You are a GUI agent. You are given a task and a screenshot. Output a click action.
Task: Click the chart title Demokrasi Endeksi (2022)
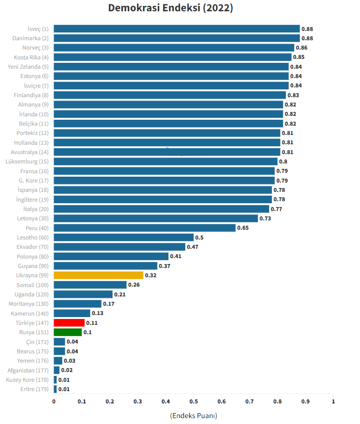point(170,8)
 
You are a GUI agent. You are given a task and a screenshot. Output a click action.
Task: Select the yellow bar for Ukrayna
point(98,275)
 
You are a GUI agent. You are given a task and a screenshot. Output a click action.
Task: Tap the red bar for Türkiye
point(69,323)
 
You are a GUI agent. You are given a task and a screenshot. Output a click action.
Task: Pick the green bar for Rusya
point(68,332)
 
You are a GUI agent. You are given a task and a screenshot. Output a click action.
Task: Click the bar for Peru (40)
point(144,228)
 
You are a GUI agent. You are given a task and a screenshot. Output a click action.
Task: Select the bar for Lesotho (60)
point(123,238)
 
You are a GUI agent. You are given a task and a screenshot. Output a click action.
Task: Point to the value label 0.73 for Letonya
point(265,218)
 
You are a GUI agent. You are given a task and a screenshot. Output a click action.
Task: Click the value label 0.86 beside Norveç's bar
point(302,48)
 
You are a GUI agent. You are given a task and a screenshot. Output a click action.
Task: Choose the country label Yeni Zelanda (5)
point(28,67)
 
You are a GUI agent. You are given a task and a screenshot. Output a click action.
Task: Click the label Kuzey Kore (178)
point(27,380)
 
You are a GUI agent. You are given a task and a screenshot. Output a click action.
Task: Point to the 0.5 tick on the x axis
point(194,401)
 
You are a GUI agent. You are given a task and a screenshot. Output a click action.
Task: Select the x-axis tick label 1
point(333,401)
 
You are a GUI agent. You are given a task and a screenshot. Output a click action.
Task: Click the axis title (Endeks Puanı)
point(194,416)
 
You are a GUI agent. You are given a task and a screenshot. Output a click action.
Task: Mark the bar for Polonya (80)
point(111,256)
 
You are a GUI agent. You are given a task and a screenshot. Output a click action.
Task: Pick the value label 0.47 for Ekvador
point(193,247)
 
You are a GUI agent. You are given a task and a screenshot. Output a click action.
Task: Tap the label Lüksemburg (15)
point(27,161)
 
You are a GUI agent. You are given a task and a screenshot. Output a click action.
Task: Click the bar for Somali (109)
point(90,285)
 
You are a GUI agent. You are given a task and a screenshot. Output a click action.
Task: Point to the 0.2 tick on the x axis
point(110,401)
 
